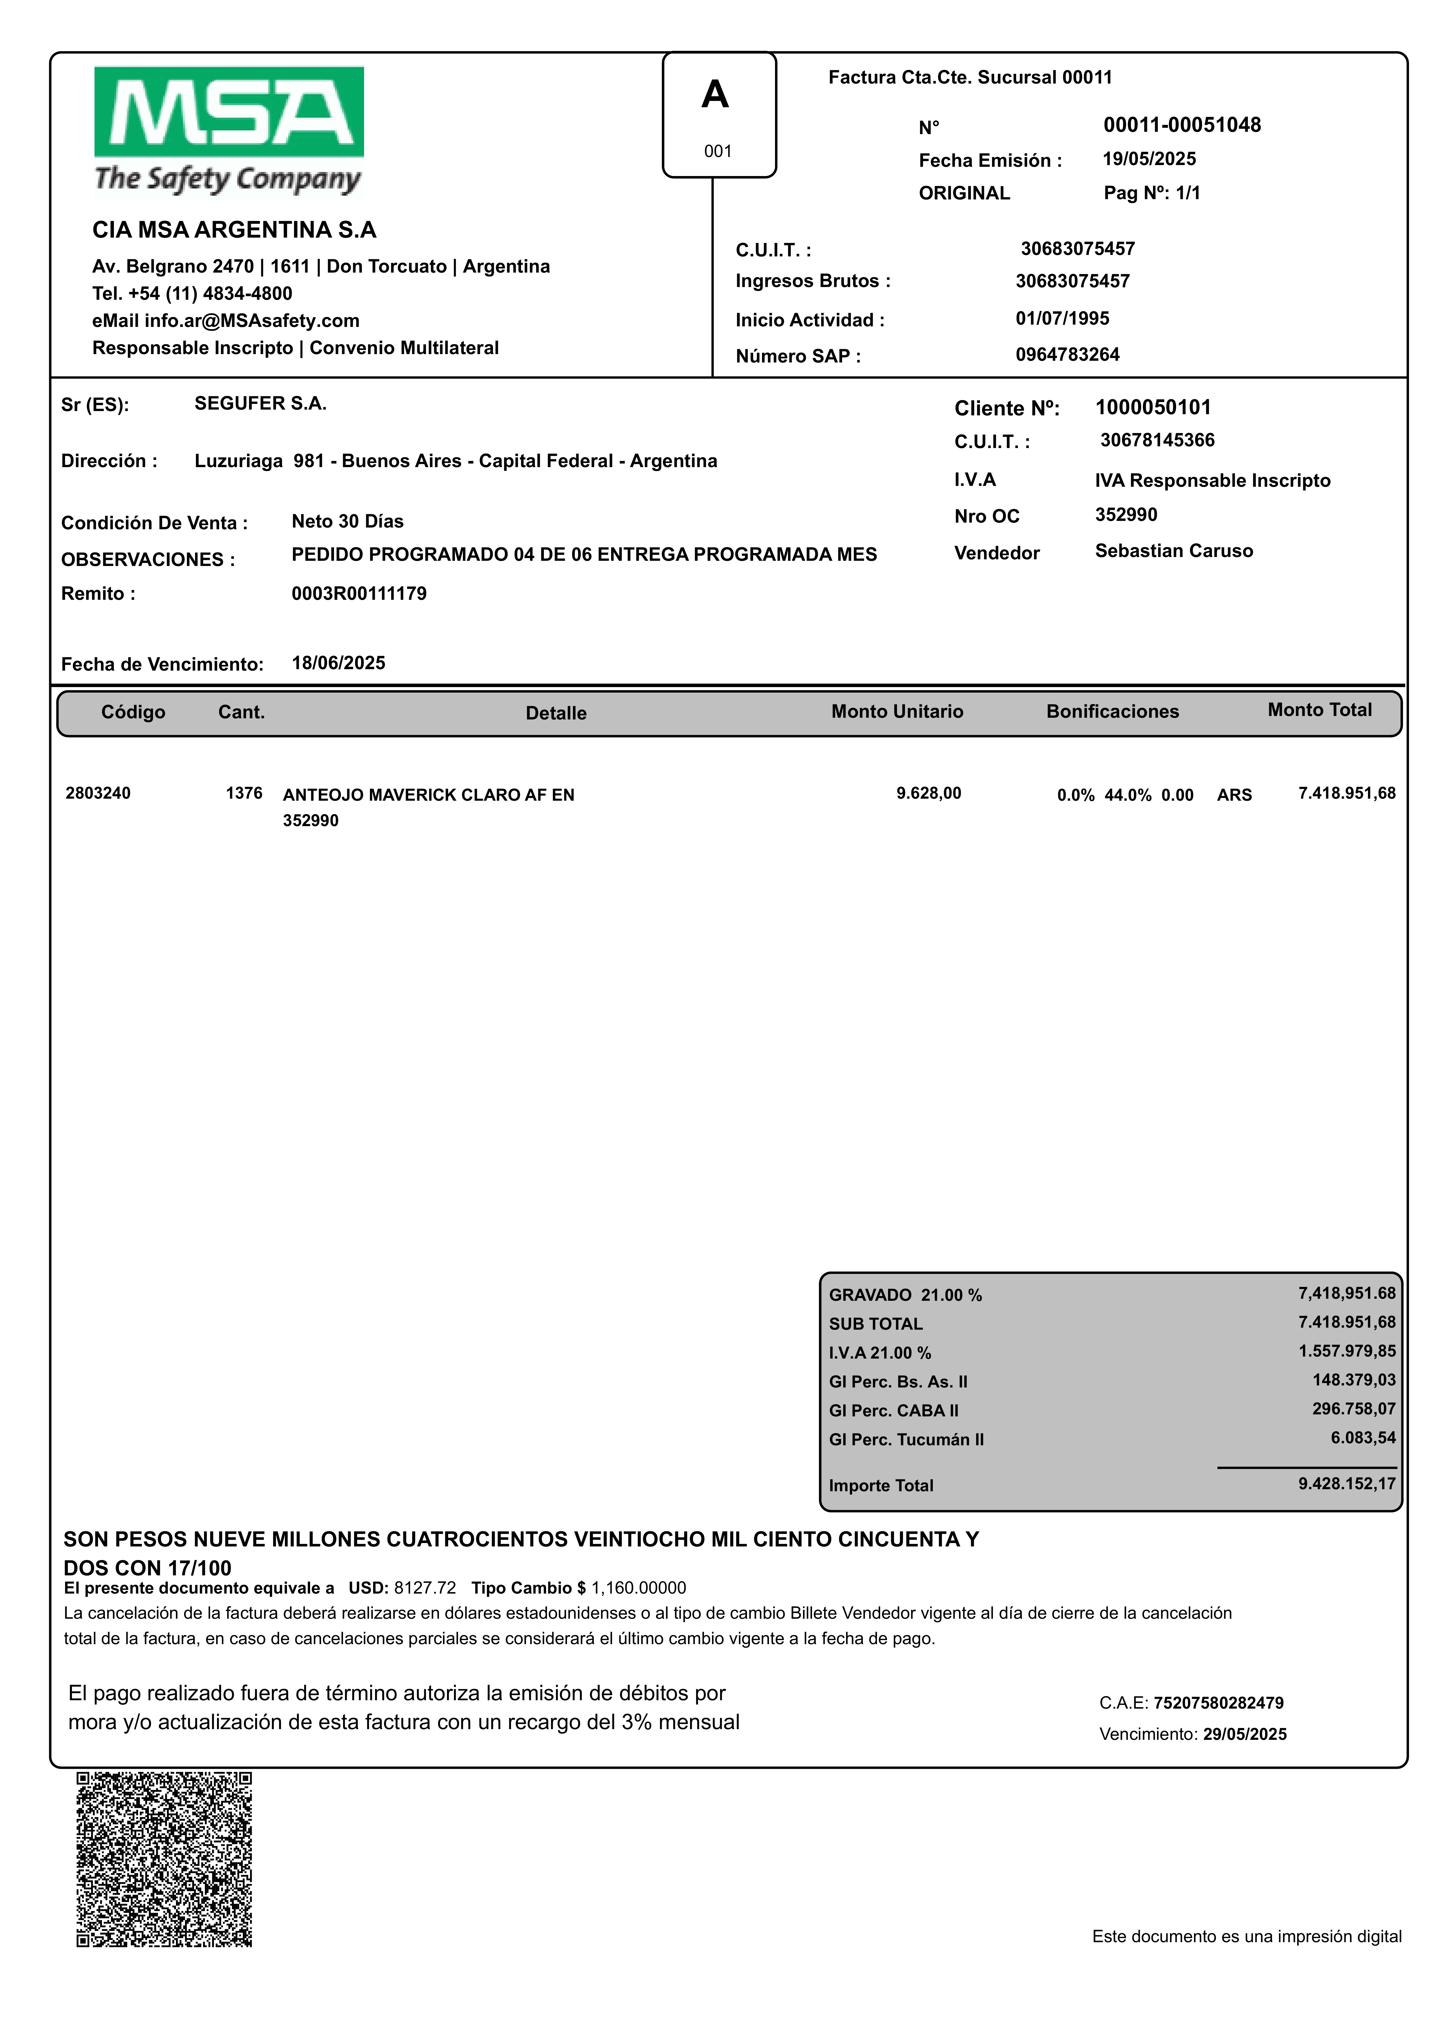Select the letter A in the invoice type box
pos(715,95)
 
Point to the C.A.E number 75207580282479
pos(1219,1703)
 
